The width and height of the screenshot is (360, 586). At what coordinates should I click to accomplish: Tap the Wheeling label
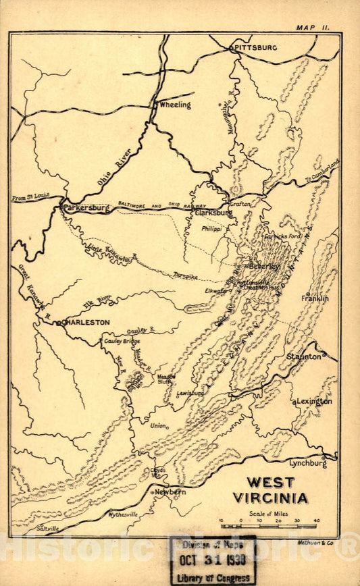174,105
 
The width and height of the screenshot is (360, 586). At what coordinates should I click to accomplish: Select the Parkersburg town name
86,209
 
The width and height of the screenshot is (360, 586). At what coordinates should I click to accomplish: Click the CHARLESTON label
86,323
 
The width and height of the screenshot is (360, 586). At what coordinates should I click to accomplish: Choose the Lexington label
314,401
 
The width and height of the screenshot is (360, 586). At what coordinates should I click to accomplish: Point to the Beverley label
263,266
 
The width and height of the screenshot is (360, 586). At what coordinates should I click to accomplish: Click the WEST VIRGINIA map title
270,491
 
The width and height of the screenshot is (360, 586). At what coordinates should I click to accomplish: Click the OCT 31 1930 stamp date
213,562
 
